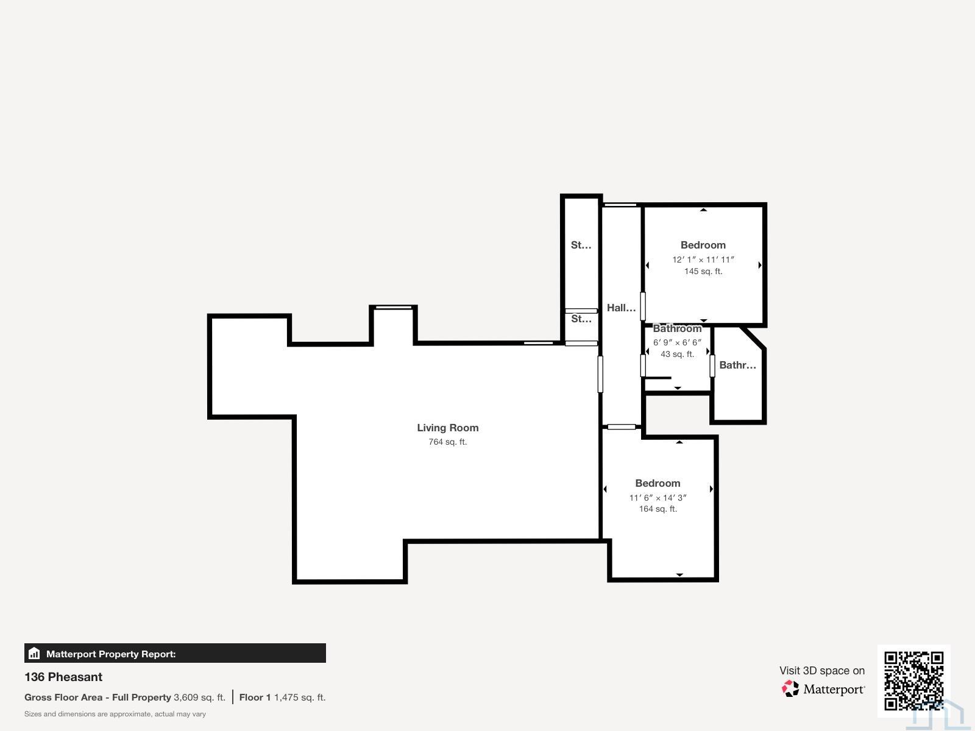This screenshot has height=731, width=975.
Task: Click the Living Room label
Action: (447, 428)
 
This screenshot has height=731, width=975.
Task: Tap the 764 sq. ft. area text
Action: (447, 442)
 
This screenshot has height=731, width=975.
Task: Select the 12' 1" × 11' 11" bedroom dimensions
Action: (703, 260)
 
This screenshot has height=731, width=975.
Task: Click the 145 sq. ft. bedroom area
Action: (703, 271)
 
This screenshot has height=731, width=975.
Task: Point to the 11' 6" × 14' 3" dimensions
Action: (658, 498)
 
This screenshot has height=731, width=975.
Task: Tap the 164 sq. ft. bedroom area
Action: (658, 509)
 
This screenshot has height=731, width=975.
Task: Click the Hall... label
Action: (621, 308)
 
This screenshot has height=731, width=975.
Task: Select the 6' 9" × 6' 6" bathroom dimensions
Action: (677, 342)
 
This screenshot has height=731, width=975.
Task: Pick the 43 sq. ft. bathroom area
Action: (677, 354)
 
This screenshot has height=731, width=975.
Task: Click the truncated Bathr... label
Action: (737, 365)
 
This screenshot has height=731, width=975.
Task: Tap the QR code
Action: (913, 681)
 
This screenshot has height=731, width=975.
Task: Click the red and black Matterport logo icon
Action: (790, 689)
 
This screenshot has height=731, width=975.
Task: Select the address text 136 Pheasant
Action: (63, 677)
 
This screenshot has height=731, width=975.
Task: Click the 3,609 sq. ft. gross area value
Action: (199, 697)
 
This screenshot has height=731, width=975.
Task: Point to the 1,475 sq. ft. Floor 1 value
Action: (300, 697)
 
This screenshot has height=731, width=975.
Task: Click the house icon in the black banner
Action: (34, 653)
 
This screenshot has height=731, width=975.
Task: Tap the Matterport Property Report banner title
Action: (111, 654)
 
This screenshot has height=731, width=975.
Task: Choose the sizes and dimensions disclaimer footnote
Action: (115, 714)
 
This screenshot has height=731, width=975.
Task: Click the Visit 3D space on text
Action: (822, 671)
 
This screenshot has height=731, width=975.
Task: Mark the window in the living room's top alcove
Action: (394, 307)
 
